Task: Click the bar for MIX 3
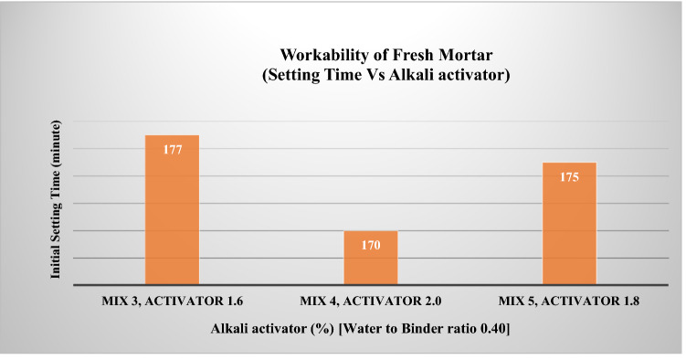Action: pos(172,210)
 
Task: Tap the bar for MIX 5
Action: pos(569,224)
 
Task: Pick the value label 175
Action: pos(569,176)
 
